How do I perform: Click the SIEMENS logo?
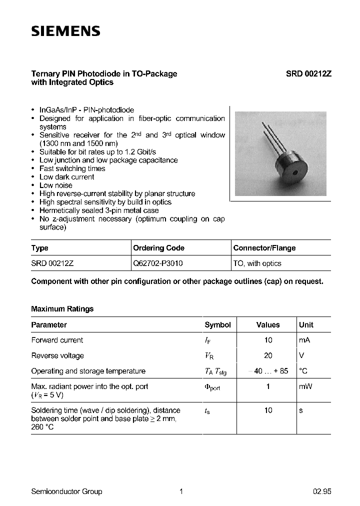[66, 31]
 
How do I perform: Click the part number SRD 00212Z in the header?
[308, 73]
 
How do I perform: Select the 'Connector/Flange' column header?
[264, 248]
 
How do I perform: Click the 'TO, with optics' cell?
[257, 263]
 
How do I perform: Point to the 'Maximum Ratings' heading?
[62, 309]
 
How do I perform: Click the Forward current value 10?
[268, 340]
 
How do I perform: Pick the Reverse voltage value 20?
[268, 355]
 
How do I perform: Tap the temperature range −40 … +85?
[268, 371]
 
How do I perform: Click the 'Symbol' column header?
[217, 324]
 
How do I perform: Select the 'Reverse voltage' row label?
[57, 355]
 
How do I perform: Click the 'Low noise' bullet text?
[56, 185]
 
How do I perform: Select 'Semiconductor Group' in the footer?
[66, 491]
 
